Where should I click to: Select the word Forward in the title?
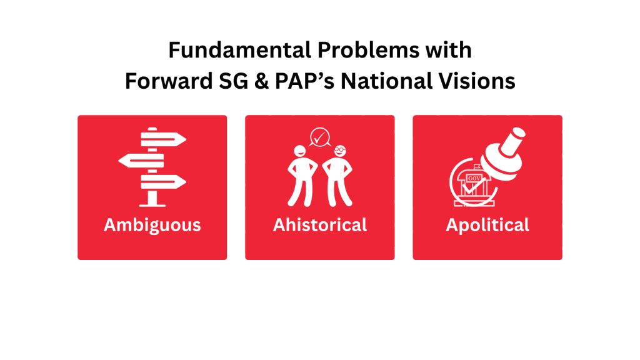coord(169,81)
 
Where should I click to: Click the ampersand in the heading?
coord(262,81)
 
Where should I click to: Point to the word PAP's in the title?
coord(304,81)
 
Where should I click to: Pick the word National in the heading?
coord(386,81)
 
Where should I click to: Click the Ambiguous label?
coord(152,225)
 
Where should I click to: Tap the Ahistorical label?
coord(320,225)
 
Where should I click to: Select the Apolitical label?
coord(487,225)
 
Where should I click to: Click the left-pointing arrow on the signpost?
coord(141,161)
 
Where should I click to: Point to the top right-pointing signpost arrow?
coord(164,139)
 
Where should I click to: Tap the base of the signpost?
coord(152,204)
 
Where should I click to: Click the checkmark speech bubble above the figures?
coord(319,137)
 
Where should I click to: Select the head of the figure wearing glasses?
coord(340,151)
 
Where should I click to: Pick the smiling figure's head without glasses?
coord(300,151)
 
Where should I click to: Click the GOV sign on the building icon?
coord(474,178)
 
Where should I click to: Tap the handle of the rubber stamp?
coord(512,141)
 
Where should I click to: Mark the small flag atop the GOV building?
coord(477,166)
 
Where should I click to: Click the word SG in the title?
coord(234,81)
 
